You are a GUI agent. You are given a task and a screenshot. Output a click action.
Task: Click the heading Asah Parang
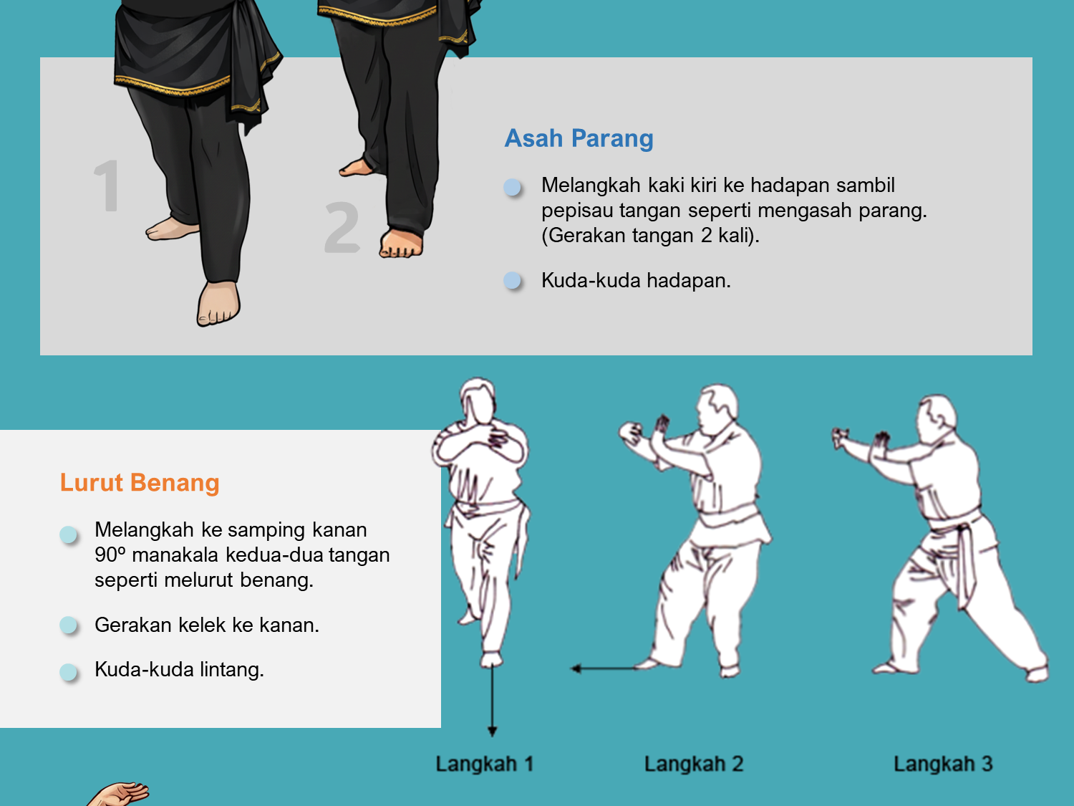coord(579,138)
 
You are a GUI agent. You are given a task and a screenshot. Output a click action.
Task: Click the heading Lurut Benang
coord(140,482)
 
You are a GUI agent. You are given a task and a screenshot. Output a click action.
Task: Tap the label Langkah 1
coord(485,764)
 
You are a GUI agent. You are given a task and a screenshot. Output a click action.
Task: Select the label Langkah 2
coord(694,764)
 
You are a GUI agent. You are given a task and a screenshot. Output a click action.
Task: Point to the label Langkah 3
coord(944,764)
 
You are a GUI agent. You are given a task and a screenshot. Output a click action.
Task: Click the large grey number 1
coord(107,186)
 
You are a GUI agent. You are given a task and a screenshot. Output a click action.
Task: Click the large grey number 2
coord(342,228)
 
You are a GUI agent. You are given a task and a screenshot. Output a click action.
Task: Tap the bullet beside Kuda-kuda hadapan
coord(512,280)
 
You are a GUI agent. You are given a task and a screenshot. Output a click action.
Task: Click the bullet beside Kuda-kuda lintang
coord(68,671)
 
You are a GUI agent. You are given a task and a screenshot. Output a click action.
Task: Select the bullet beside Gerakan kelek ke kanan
coord(68,625)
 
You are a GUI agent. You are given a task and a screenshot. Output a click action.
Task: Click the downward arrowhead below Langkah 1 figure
coord(492,731)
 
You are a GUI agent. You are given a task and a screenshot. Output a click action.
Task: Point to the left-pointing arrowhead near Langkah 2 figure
coord(576,668)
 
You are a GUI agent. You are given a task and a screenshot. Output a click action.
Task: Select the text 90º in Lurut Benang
coord(110,555)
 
